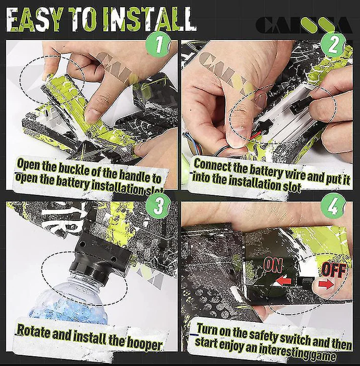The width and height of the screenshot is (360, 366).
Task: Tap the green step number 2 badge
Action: click(333, 44)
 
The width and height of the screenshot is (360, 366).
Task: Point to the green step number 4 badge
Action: click(333, 206)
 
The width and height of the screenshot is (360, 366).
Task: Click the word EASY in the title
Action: click(34, 20)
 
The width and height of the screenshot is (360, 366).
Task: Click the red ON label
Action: click(273, 265)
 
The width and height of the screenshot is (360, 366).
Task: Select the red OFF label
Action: click(334, 270)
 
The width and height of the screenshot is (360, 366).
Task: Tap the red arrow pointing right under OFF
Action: click(326, 284)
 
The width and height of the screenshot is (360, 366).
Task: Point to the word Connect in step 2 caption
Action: click(211, 165)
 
